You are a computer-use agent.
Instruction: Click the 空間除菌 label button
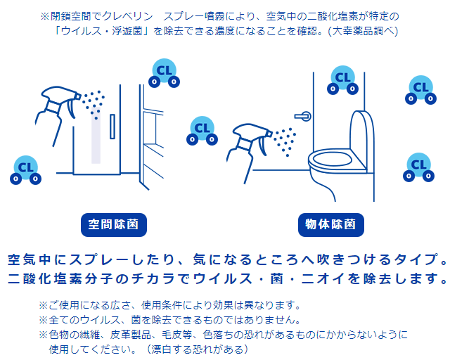pos(114,225)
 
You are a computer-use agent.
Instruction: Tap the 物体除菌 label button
pos(331,225)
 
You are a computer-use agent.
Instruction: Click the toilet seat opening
pos(333,159)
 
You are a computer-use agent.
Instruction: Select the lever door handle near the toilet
pos(303,116)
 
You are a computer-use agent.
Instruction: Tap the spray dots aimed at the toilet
pos(284,142)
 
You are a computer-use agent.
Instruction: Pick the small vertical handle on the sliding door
pos(112,127)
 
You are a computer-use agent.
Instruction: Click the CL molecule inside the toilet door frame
pos(342,80)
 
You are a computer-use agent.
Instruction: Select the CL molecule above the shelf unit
pos(164,73)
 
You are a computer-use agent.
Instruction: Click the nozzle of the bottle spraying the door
pos(78,96)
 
